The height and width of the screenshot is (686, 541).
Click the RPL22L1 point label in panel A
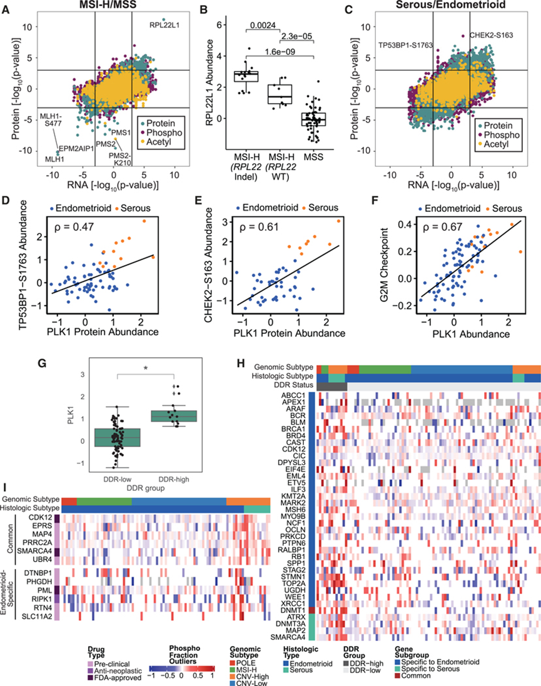click(164, 26)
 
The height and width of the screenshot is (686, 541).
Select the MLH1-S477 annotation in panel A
click(51, 120)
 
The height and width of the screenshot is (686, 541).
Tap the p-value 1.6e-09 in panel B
click(279, 52)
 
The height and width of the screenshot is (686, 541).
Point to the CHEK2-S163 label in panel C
click(491, 35)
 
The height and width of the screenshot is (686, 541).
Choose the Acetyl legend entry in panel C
click(496, 144)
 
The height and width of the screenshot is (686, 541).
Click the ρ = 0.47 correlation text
click(74, 227)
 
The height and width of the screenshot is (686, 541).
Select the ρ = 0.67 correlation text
click(443, 226)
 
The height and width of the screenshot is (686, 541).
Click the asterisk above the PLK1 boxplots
click(145, 368)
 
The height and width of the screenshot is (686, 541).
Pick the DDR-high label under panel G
click(174, 480)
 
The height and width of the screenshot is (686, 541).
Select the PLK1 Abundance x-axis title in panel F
click(472, 335)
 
